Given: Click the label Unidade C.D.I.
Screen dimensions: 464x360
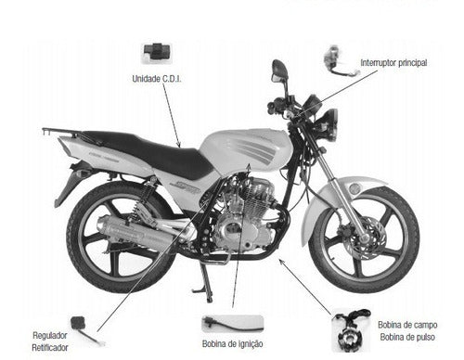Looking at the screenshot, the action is [157, 79].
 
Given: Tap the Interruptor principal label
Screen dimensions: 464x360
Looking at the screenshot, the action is [393, 63].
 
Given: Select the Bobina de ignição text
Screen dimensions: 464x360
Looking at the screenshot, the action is [232, 343].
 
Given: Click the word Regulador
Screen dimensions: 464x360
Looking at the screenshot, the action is [50, 335].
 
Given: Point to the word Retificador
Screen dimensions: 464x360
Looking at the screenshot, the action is [50, 348].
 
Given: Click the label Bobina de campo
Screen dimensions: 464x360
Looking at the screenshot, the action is [407, 325].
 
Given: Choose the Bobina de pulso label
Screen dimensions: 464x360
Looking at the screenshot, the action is [407, 337].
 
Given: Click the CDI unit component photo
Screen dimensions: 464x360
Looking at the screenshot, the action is [157, 53].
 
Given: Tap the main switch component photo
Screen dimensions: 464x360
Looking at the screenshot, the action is [341, 61].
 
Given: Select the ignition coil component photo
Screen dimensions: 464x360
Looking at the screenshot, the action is [232, 323].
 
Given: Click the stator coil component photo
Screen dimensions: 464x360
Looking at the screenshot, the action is [351, 330].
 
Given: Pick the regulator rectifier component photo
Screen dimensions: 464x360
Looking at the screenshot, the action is [85, 329].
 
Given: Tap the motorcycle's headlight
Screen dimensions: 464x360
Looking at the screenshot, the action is [329, 124].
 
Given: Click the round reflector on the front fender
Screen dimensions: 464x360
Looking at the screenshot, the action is [354, 188].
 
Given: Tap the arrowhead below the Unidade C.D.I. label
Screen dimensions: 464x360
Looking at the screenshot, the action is [178, 145].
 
